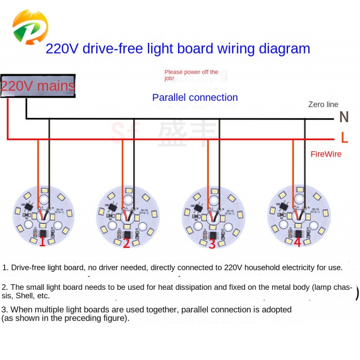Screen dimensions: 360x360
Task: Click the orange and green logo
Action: [x=29, y=27]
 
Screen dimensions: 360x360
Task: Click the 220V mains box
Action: [x=38, y=86]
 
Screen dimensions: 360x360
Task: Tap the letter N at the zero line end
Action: [x=344, y=117]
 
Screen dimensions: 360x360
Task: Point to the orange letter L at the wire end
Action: [x=344, y=138]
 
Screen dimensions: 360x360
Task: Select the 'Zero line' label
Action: [x=323, y=104]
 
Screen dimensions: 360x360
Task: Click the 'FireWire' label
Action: [x=326, y=154]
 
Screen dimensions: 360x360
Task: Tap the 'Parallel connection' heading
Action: [x=195, y=98]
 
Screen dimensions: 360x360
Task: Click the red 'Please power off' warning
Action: [x=191, y=75]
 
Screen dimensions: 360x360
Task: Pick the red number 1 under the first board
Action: [x=42, y=242]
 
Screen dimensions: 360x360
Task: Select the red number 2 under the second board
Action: [x=126, y=243]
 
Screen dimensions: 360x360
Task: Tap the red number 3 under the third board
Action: [x=212, y=244]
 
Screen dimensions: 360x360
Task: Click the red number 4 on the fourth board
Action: [x=297, y=242]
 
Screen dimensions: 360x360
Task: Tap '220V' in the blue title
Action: [x=62, y=49]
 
